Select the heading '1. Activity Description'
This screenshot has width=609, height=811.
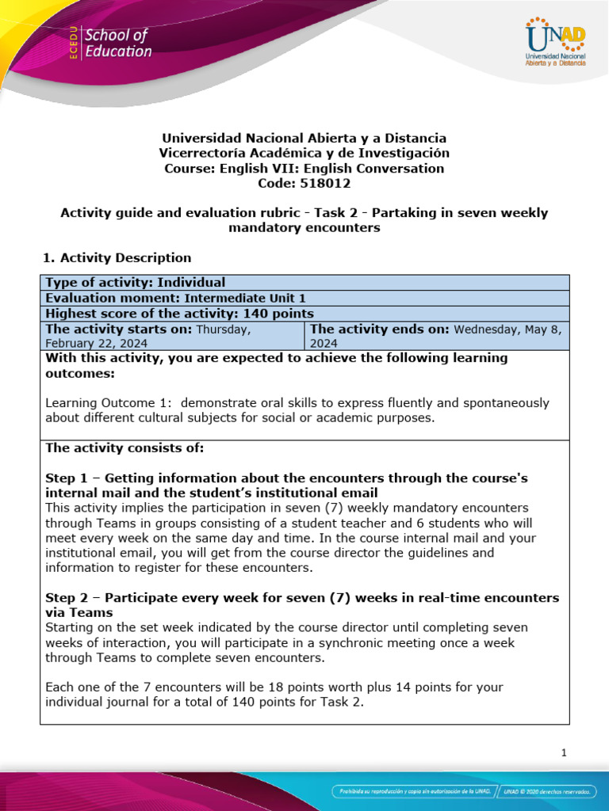coord(116,257)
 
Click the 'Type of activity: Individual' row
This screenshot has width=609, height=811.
coord(135,283)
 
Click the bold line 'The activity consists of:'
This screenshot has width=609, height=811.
coord(124,448)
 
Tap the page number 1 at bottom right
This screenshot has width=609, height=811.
coord(563,753)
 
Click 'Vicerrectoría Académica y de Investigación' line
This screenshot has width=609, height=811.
coord(304,153)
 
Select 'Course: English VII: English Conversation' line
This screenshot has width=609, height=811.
coord(304,168)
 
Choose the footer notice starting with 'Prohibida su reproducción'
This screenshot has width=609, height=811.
coord(415,791)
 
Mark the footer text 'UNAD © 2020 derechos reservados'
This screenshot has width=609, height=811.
coord(550,791)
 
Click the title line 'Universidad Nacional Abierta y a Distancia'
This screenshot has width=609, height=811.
coord(304,138)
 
